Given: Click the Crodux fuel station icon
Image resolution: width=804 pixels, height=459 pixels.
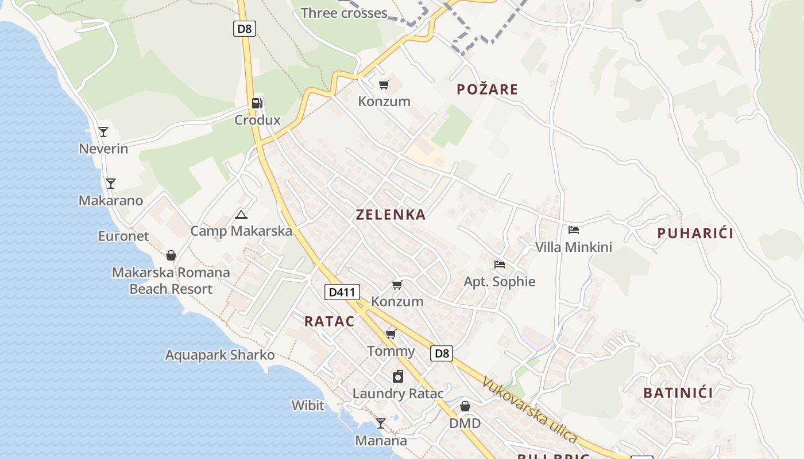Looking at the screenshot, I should pos(257,103).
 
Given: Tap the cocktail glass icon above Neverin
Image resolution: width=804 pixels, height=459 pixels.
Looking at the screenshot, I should pos(103,132).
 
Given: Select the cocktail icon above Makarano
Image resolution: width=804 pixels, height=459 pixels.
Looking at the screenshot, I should pos(111,184).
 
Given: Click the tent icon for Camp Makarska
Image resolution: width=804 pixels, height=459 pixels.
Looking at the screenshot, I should pos(241,215).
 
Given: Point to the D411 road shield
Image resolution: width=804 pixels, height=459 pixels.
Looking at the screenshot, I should pos(342,292).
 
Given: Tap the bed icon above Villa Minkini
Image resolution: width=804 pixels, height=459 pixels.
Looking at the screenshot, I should pos(573,230).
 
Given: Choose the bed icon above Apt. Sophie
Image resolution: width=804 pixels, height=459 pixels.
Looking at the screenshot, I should pos(500,264).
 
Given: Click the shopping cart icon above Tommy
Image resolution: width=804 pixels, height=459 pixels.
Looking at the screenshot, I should pos(391,334).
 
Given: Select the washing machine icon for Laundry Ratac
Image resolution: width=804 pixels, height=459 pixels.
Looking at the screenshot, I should pos(398,376).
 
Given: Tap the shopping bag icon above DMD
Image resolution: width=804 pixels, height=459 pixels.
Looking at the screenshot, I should pos(465,406).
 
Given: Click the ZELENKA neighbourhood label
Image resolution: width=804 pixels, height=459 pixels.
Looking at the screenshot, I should pos(391,215).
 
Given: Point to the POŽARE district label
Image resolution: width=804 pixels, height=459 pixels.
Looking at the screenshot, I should pos(487,90).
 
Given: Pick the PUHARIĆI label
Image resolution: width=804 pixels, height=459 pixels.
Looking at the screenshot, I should pos(695,234).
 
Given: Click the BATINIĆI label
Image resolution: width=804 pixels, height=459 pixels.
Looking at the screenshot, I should pos(678,393).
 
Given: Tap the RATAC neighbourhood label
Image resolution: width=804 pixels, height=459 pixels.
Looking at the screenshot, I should pos(329,321).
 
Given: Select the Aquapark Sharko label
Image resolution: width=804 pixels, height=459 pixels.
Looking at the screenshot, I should pos(220,355).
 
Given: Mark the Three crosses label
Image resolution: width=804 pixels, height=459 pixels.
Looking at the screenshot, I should pos(344,13).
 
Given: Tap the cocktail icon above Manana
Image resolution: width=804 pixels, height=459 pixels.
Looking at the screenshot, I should pos(380,423).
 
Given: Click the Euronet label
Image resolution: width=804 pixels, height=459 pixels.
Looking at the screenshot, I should pos(123,236).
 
